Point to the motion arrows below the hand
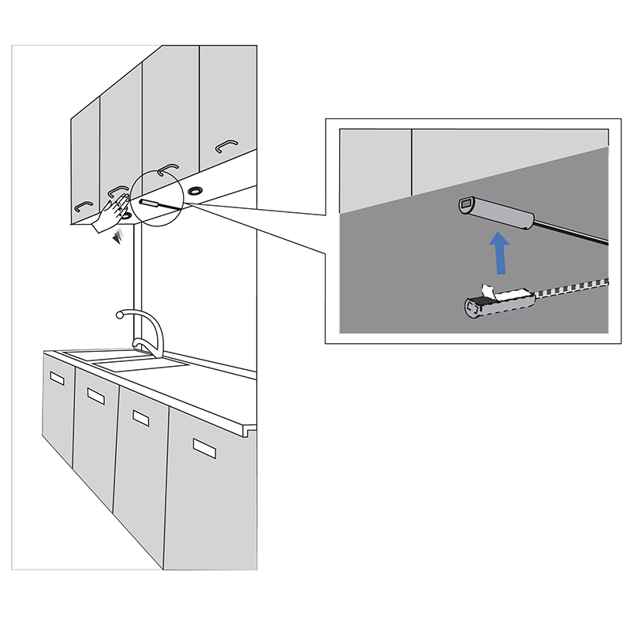pyautogui.click(x=121, y=237)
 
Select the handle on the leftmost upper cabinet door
pyautogui.click(x=84, y=206)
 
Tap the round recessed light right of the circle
pyautogui.click(x=195, y=190)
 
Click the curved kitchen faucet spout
pyautogui.click(x=142, y=319)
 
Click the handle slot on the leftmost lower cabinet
pyautogui.click(x=56, y=379)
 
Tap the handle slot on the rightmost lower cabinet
pyautogui.click(x=205, y=448)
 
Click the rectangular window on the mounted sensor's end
pyautogui.click(x=466, y=206)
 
